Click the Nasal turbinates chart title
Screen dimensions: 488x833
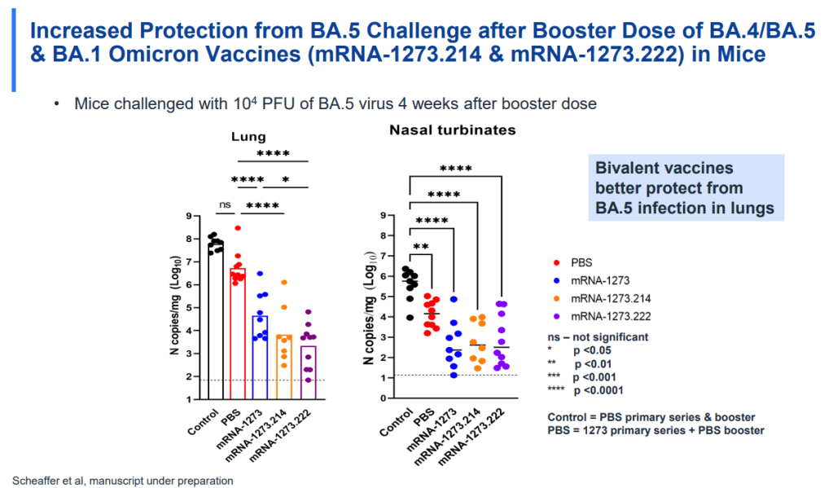coord(452,130)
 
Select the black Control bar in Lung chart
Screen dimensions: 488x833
coord(215,326)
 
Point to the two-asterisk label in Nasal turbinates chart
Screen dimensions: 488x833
coord(421,246)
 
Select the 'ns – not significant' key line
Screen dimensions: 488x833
coord(598,336)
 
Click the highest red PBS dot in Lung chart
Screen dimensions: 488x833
coord(238,228)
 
